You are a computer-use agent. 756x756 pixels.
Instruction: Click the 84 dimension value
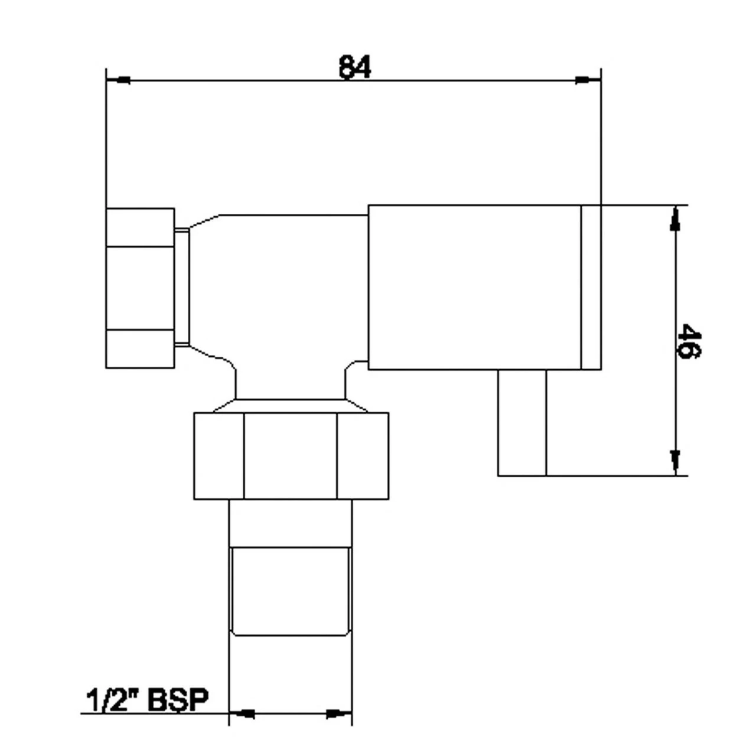coord(355,67)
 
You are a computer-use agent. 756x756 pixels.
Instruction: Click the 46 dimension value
coord(689,341)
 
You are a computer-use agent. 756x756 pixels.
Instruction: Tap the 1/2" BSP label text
coord(148,701)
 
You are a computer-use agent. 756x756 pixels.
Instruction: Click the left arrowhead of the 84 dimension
coord(121,80)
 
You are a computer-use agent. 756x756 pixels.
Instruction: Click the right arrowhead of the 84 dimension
coord(585,80)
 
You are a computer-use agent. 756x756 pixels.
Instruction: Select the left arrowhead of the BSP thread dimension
coord(243,713)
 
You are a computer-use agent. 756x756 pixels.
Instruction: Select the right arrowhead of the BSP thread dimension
coord(337,713)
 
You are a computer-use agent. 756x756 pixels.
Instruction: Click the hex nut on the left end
coord(140,288)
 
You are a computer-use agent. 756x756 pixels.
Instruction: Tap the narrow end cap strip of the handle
coord(591,288)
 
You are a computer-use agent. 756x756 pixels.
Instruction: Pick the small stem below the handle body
coord(522,422)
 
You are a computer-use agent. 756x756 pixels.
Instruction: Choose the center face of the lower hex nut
coord(291,456)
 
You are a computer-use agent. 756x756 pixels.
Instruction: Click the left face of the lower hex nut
coord(219,456)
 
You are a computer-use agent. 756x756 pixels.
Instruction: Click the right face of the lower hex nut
coord(363,456)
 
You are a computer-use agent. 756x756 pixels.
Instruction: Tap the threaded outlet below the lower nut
coord(290,591)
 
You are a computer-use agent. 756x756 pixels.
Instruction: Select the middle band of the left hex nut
coord(140,288)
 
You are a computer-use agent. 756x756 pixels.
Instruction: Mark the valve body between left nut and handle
coord(278,283)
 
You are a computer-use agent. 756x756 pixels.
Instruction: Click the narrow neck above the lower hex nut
coord(290,387)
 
